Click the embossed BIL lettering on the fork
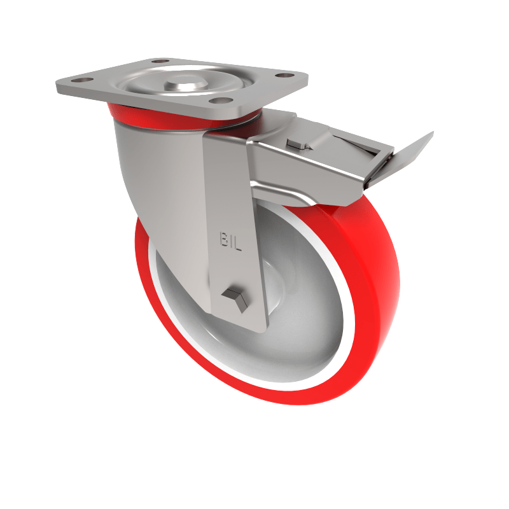[x=231, y=241]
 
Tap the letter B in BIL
[x=224, y=241]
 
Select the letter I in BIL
[x=232, y=241]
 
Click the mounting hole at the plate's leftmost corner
[x=81, y=81]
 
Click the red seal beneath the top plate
[x=121, y=114]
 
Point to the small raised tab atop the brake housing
[x=295, y=144]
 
